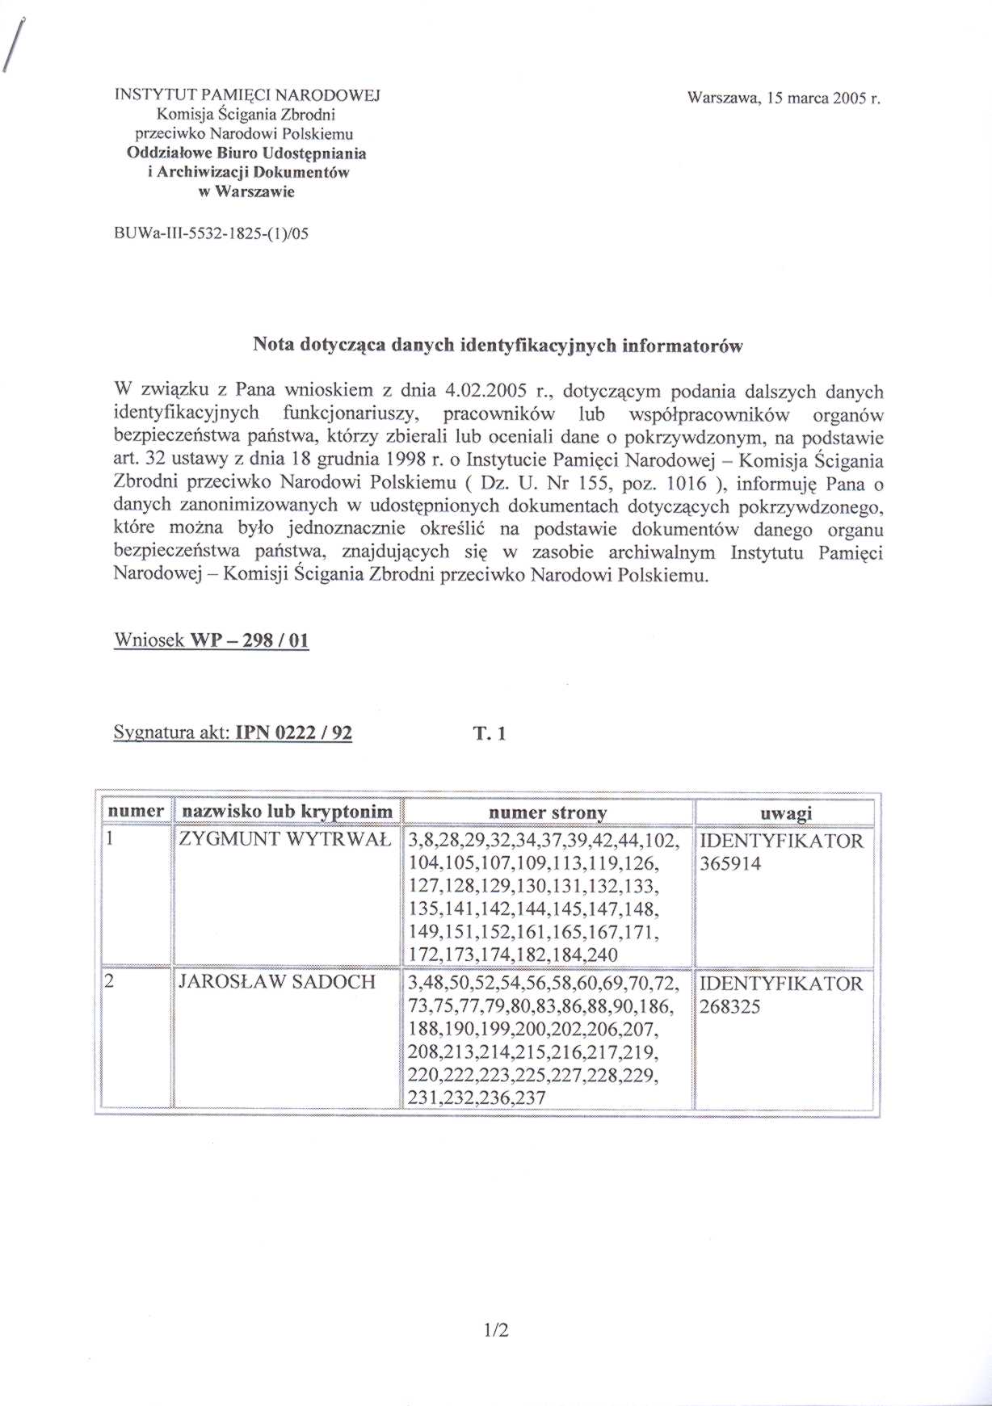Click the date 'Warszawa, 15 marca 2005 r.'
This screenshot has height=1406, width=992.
point(782,99)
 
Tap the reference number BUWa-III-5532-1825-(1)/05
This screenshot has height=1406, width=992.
point(212,233)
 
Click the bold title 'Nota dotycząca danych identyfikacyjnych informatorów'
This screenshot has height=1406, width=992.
point(498,346)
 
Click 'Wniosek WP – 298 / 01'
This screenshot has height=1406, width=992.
point(212,640)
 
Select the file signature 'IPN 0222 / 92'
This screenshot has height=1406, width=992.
point(292,733)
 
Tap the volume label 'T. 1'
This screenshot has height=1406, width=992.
point(490,734)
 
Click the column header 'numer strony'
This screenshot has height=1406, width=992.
point(548,812)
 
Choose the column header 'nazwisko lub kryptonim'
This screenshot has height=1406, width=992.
point(288,812)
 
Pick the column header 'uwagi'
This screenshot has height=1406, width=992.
point(787,813)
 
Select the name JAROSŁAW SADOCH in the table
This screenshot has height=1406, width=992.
point(277,982)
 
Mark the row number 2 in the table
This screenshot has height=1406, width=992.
point(110,982)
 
